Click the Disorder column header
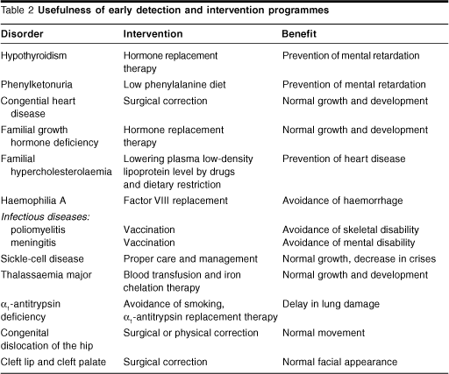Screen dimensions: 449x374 [x=22, y=34]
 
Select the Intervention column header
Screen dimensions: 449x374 [x=153, y=34]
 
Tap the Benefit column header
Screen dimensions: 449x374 [x=299, y=34]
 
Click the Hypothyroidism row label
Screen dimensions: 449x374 [x=33, y=56]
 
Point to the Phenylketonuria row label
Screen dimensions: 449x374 [x=36, y=85]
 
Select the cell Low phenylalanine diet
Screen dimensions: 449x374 [x=175, y=85]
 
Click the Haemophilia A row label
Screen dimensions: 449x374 [x=33, y=201]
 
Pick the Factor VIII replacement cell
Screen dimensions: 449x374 [x=175, y=201]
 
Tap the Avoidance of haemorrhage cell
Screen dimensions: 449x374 [x=342, y=201]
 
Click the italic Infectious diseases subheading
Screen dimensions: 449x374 [x=45, y=217]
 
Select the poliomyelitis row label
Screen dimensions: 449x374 [x=38, y=230]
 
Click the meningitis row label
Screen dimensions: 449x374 [x=33, y=243]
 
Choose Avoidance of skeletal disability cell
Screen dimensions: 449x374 [x=351, y=230]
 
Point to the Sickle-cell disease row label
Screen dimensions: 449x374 [x=42, y=259]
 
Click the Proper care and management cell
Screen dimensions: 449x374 [x=190, y=259]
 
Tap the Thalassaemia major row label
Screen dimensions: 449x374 [x=46, y=275]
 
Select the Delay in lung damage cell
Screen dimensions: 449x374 [x=331, y=304]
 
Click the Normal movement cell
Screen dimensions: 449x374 [x=324, y=333]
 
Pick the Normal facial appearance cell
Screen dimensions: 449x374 [x=339, y=362]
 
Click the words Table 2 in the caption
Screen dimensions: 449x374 [x=18, y=11]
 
